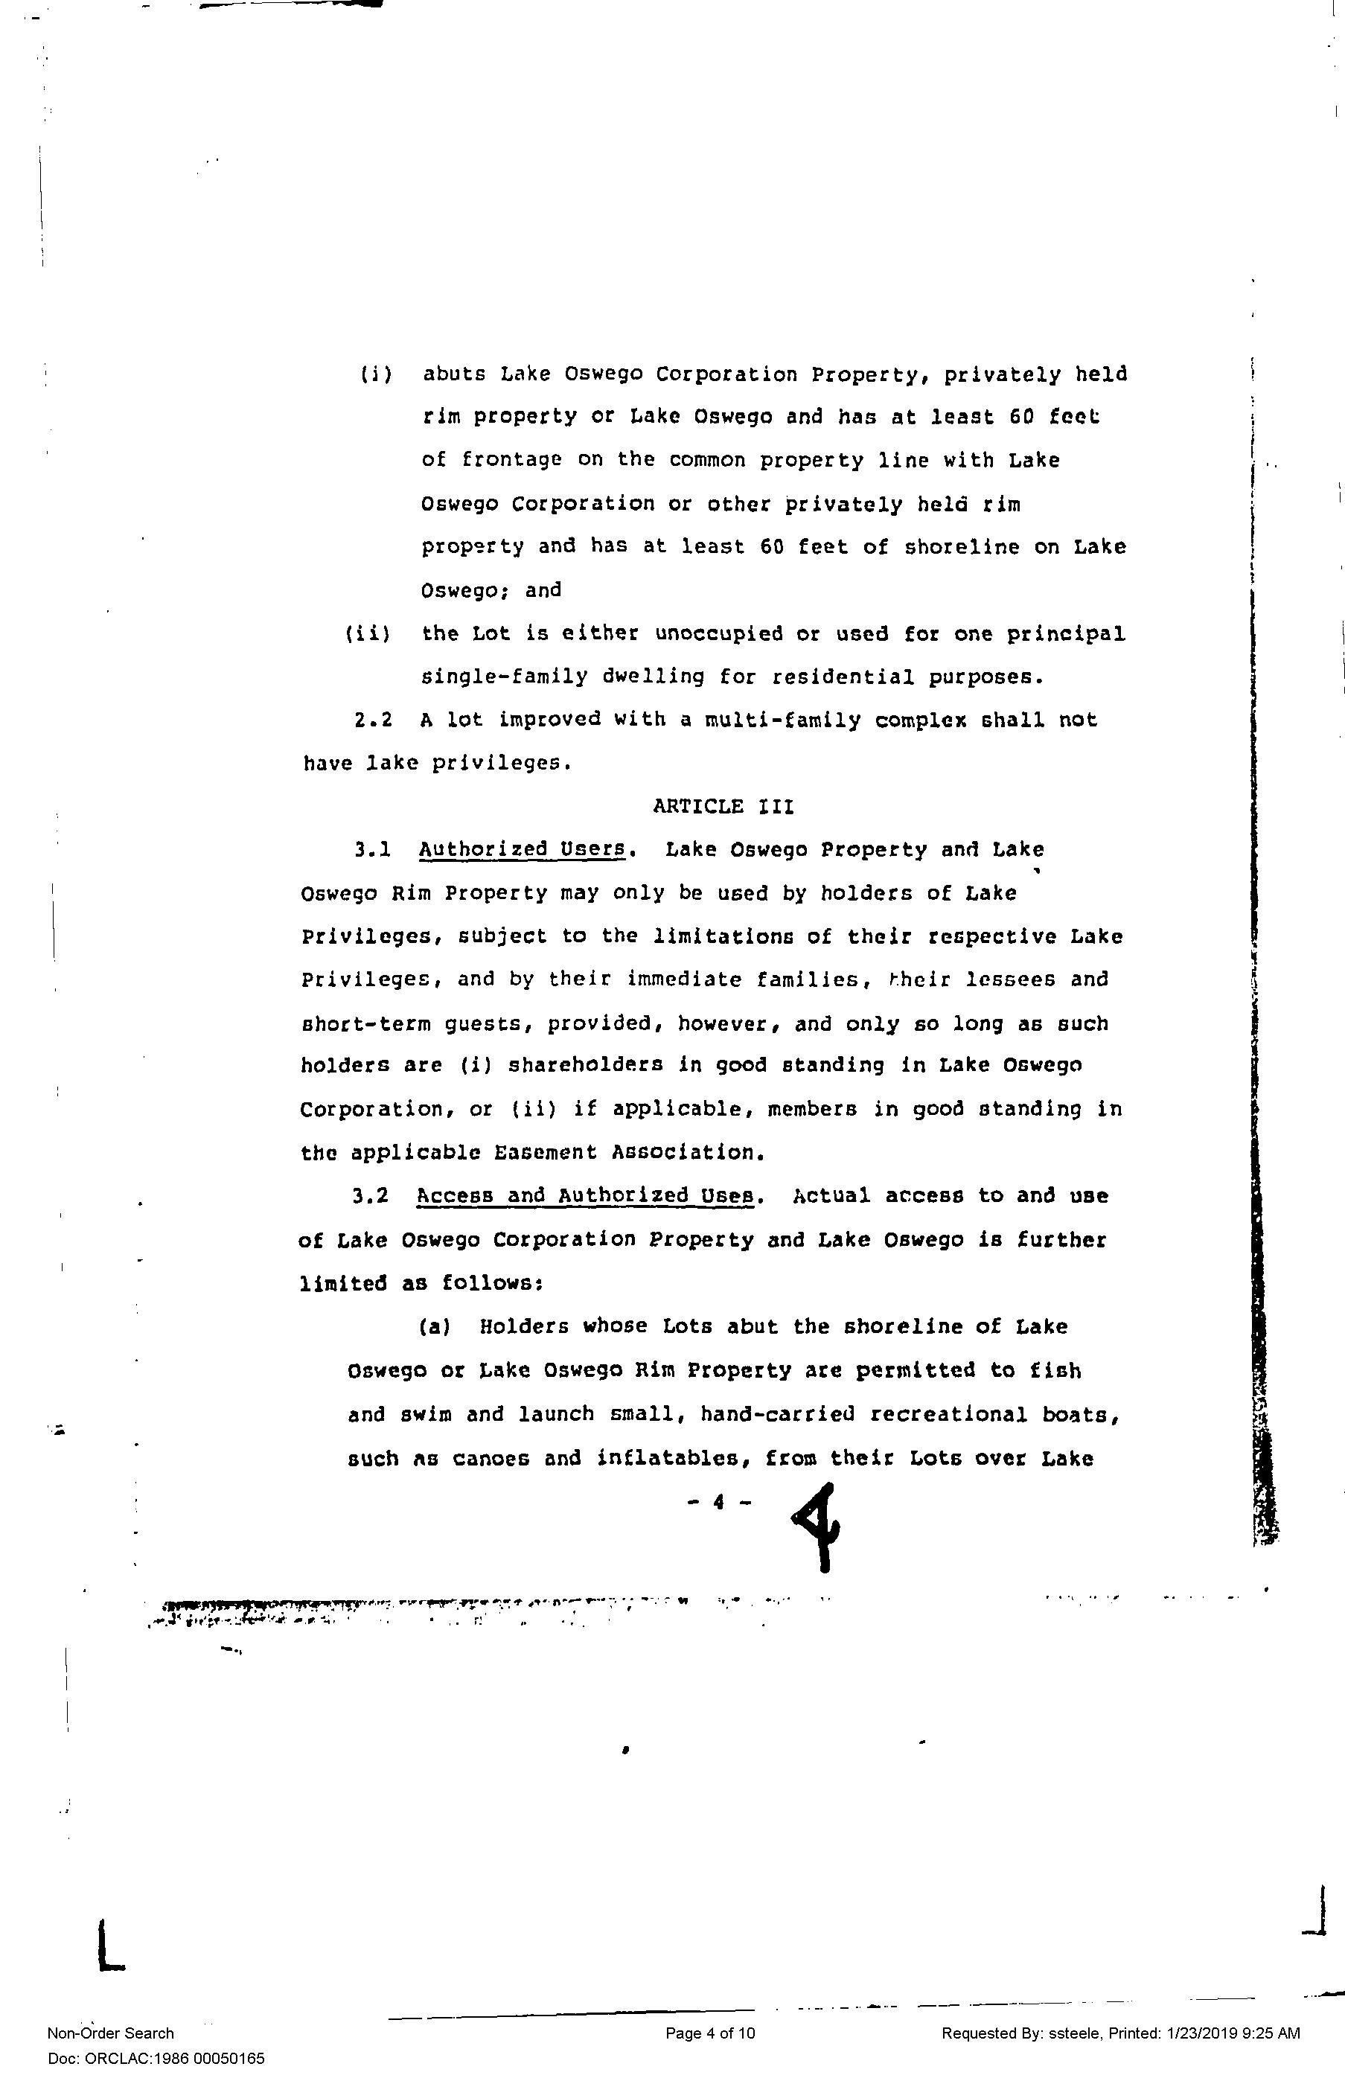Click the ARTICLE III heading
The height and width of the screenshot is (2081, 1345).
[723, 806]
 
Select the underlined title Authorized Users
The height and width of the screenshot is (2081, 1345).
[522, 848]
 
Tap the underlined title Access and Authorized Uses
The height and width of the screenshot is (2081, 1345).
[585, 1195]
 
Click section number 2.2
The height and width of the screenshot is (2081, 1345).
[373, 720]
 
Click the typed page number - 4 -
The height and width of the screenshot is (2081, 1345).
[720, 1502]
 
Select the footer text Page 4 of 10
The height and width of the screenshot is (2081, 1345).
[710, 2033]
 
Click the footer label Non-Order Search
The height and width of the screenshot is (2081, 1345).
[110, 2033]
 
